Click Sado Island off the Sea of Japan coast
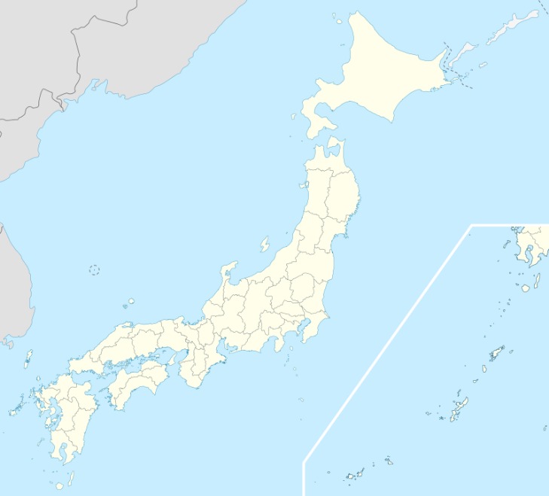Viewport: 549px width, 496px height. point(265,245)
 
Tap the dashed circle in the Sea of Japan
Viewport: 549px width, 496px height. point(94,269)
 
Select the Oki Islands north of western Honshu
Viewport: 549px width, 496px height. point(130,303)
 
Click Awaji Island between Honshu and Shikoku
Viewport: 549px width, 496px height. point(170,361)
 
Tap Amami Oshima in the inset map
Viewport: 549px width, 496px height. point(496,353)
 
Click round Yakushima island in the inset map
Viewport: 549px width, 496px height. point(525,288)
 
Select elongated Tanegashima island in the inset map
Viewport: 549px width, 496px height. point(537,281)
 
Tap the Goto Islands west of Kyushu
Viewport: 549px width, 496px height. point(14,411)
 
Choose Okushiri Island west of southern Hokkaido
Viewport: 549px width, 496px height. point(294,117)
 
